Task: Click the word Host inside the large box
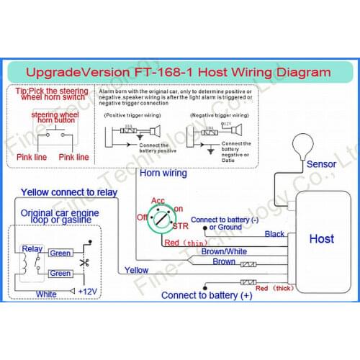pos(321,238)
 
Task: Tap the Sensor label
pos(321,163)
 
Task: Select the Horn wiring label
pos(163,173)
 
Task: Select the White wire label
pos(46,294)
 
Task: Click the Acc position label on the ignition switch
pos(158,200)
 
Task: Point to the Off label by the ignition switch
pos(141,215)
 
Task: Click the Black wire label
pos(274,234)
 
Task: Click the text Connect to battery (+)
pos(207,295)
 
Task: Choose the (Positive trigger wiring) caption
pos(133,114)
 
